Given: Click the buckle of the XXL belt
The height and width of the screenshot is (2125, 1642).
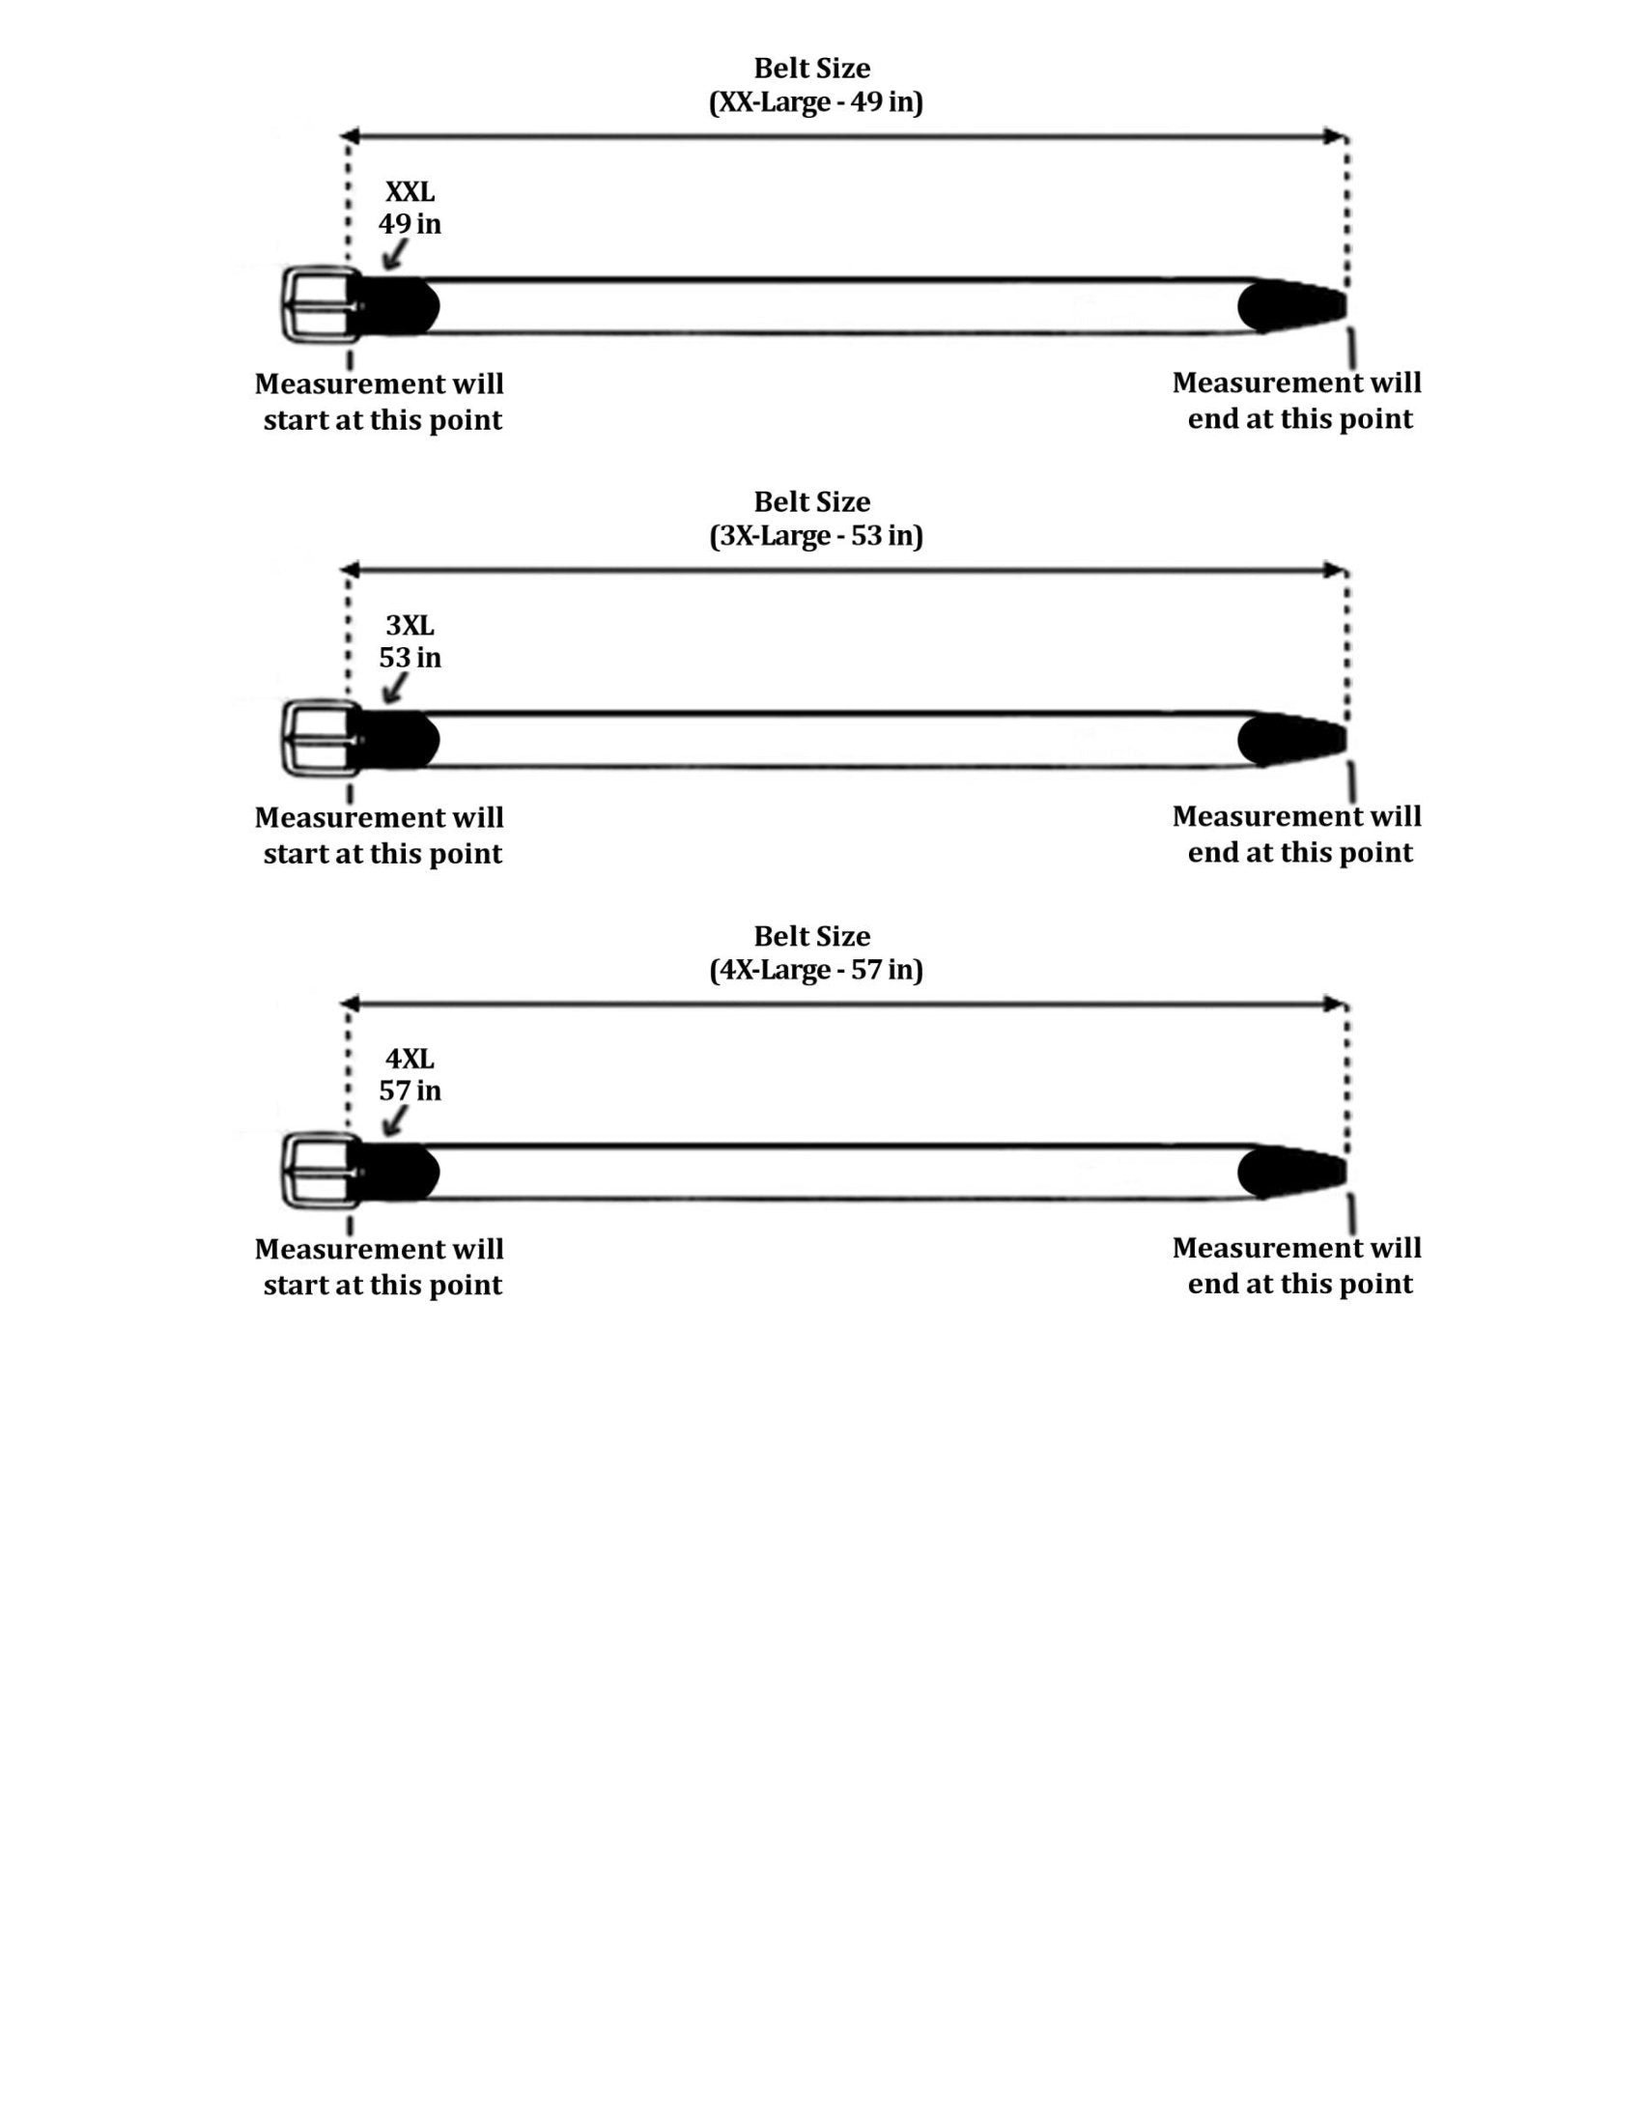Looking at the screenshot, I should click(x=319, y=304).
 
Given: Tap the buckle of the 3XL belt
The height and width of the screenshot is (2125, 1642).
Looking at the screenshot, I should click(x=319, y=739).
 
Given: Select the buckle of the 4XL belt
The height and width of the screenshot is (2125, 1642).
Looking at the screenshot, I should click(x=319, y=1172).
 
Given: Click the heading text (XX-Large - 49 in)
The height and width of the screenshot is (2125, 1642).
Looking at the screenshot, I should click(x=815, y=102).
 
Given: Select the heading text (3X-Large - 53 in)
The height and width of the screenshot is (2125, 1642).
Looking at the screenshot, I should click(x=815, y=536).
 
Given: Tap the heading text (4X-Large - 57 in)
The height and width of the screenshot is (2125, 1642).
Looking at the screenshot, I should click(x=815, y=970).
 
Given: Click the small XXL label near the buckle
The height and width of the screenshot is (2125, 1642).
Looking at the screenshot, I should click(x=410, y=191).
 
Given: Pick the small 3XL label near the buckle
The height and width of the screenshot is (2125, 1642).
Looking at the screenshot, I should click(x=410, y=626).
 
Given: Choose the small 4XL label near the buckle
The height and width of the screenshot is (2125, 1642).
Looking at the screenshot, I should click(x=410, y=1059).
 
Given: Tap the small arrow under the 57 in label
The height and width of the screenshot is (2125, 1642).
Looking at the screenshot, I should click(x=394, y=1121).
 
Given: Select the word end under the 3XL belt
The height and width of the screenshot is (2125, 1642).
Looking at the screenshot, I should click(x=1213, y=853).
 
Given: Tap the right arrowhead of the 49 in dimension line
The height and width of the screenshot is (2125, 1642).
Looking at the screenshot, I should click(x=1336, y=136).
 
